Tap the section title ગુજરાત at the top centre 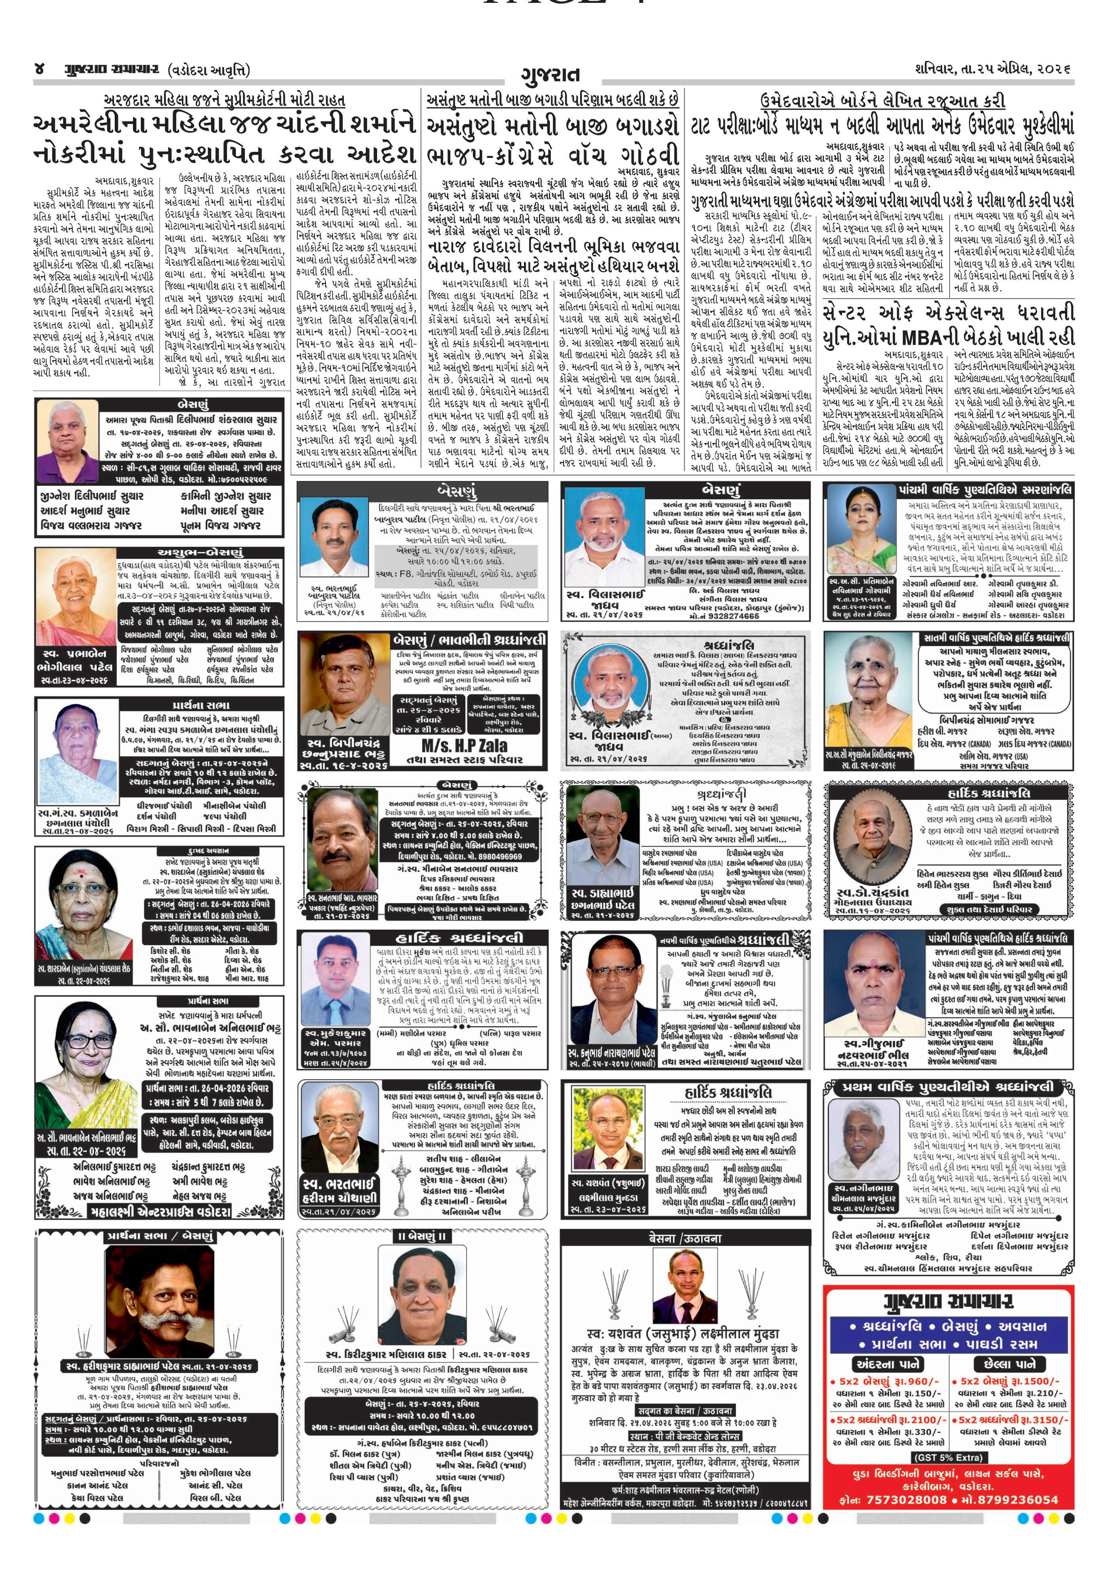pyautogui.click(x=550, y=74)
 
